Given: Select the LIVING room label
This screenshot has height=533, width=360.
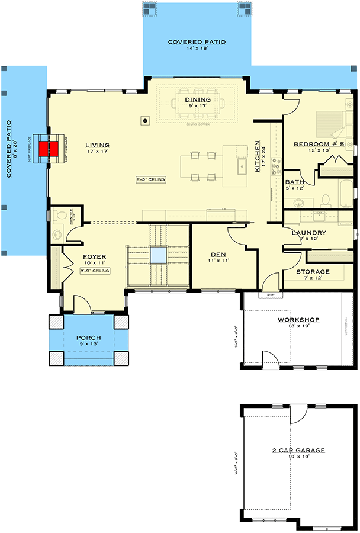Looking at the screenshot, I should (97, 145).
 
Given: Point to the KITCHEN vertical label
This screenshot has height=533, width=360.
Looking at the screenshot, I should (258, 156).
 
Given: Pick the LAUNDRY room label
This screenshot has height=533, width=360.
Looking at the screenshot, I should (309, 233).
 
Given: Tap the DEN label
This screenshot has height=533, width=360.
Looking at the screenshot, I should (216, 254).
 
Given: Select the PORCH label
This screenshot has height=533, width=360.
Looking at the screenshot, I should (89, 338).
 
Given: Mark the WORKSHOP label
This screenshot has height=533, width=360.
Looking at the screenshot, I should (299, 320).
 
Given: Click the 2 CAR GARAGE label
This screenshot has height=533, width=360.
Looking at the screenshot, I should (298, 451).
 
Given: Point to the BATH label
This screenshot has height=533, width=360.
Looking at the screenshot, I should (294, 182).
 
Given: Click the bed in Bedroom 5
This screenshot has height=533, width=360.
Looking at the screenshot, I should (329, 125).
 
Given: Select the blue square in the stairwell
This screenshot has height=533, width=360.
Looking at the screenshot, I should (158, 255).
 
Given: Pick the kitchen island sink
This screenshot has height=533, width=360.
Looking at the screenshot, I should (242, 166).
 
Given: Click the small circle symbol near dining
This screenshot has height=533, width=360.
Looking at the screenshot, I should (144, 120).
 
